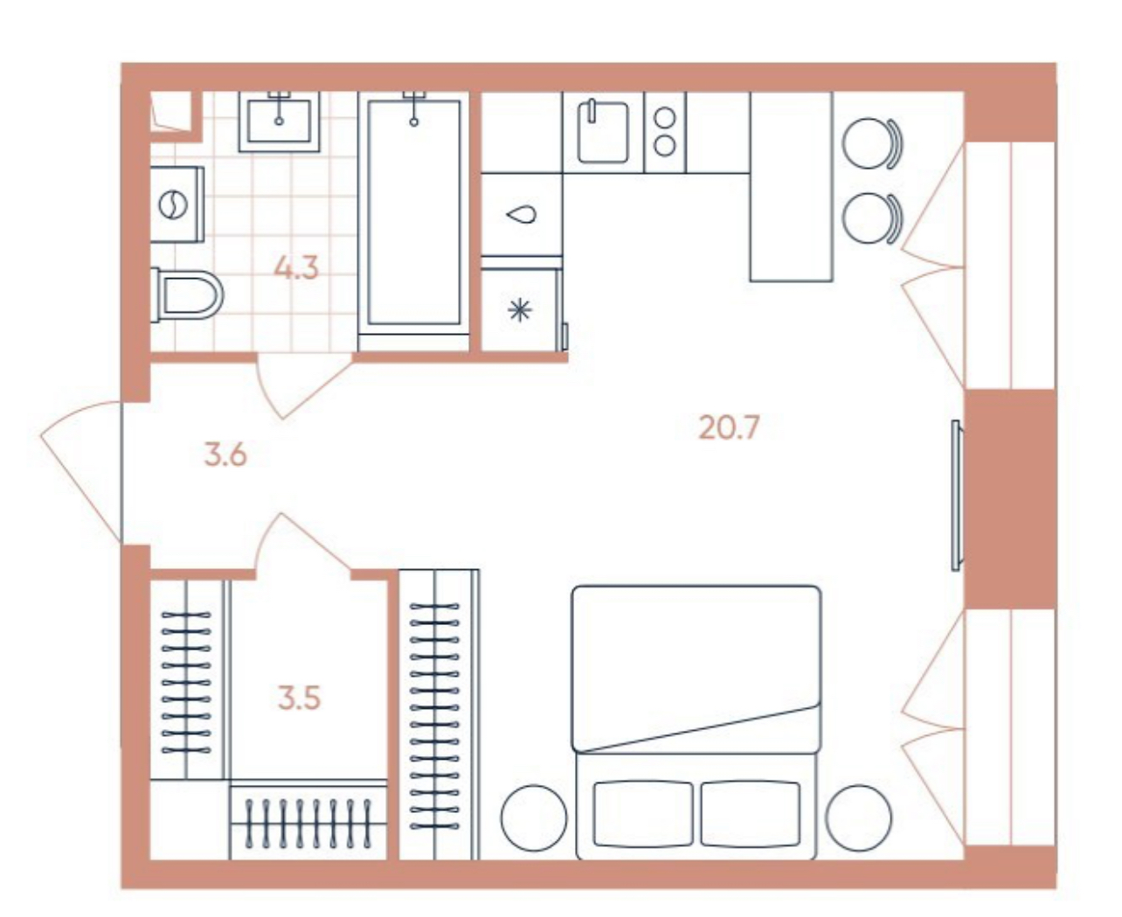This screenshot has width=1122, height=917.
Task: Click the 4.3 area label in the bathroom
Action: coord(296,267)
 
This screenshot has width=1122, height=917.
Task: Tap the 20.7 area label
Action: coord(728,427)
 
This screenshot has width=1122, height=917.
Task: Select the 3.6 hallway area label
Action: coord(225,455)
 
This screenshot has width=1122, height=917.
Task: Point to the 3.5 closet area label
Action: coord(299,698)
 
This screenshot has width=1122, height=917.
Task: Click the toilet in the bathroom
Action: coord(186,295)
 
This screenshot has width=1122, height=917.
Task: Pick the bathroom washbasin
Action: coord(280,122)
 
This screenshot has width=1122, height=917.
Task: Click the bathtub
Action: coord(413,214)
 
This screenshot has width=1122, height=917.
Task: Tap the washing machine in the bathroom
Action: coord(177,205)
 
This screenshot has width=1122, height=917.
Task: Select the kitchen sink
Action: coord(603,131)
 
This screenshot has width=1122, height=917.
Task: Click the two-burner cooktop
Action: coord(664,132)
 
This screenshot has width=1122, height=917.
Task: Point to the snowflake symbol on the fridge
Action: coord(520,310)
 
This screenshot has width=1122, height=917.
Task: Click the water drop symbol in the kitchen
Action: coord(522,214)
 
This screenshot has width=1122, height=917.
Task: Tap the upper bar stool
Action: coord(872,143)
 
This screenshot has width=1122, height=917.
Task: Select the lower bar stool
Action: coord(872,219)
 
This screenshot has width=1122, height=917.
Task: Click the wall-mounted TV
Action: coord(957,496)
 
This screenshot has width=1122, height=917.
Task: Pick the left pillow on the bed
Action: coord(642,813)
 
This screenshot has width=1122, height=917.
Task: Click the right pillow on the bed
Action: coord(750,813)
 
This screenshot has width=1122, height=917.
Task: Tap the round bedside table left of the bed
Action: coord(534,817)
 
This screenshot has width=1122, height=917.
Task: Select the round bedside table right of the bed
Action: coord(859,817)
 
